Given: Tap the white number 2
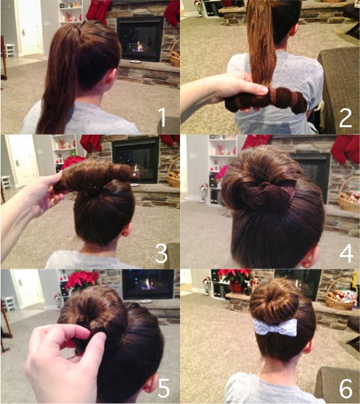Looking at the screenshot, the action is [346, 118].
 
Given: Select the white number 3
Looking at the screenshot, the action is [161, 254].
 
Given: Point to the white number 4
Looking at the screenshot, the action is [346, 254].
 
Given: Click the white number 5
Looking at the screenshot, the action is [163, 388].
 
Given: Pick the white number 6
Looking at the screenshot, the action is [346, 388].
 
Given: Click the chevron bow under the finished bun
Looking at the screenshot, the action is [275, 327].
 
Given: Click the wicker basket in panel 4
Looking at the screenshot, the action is [349, 196].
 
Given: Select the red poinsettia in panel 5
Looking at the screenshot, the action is [82, 279].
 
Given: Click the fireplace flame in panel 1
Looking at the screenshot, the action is [139, 47].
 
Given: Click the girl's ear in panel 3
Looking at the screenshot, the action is [127, 230].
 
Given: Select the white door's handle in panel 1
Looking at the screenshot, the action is [24, 33].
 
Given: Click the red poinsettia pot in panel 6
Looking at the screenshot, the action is [237, 288].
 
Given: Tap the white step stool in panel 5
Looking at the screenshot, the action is [9, 303].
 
